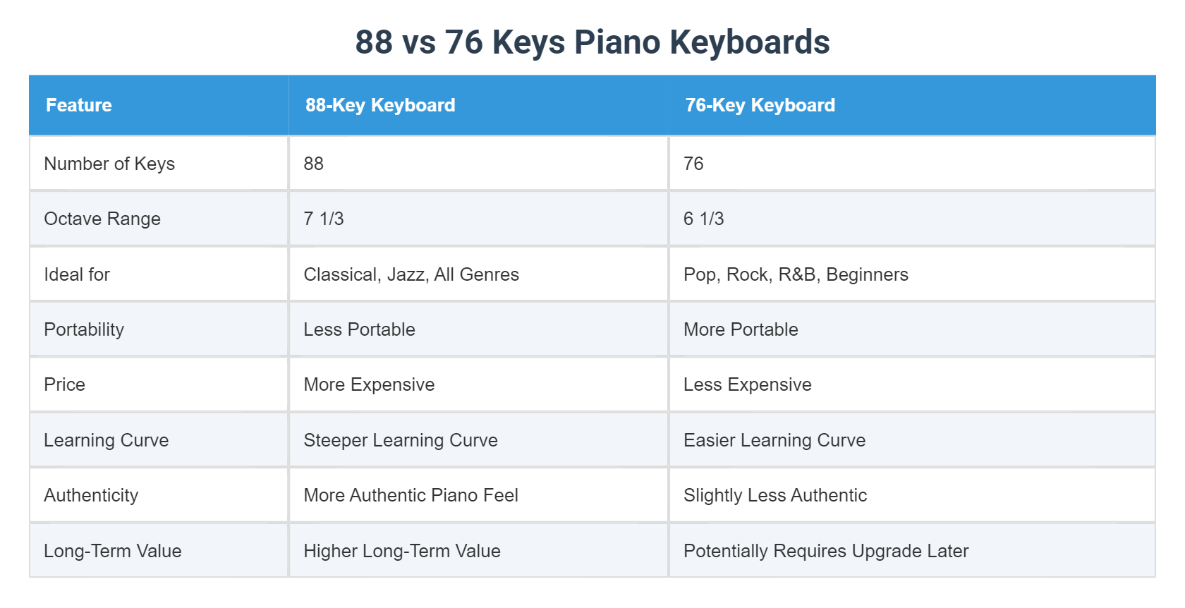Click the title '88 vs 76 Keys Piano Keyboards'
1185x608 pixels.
point(592,42)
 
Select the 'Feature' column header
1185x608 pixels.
point(79,105)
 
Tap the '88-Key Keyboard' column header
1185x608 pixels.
point(380,105)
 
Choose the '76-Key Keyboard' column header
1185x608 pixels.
point(760,105)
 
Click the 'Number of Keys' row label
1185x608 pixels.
point(109,164)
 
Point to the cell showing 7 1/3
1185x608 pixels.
point(324,219)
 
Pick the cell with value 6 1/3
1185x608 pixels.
point(703,219)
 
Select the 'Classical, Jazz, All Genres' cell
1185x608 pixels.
point(411,274)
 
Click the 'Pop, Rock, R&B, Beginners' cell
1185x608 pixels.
point(796,274)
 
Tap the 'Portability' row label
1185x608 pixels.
point(84,329)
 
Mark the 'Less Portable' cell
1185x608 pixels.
point(359,329)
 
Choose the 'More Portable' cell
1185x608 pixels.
point(741,329)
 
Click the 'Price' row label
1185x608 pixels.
point(64,384)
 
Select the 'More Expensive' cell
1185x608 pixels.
point(369,384)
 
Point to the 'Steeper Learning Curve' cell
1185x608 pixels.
point(401,440)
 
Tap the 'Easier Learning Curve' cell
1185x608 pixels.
point(774,440)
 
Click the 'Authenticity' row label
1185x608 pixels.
point(91,495)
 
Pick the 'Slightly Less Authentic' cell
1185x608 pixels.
point(775,495)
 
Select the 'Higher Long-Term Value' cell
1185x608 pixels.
point(402,551)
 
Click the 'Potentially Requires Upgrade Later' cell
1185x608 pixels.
point(826,551)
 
